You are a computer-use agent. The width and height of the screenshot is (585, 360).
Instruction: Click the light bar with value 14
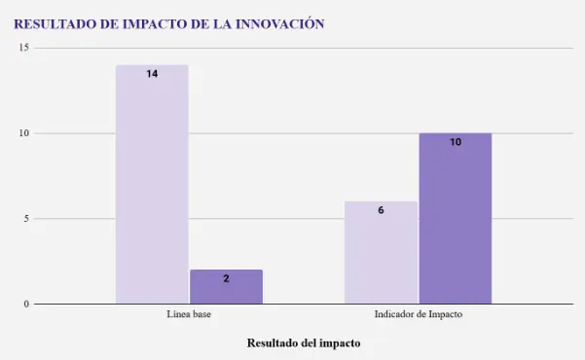[x=152, y=184]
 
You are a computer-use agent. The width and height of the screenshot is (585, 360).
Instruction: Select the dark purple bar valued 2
[x=227, y=286]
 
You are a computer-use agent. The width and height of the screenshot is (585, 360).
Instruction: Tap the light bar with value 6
[x=381, y=253]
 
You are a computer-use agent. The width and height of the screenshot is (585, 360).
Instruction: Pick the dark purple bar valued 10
[x=456, y=218]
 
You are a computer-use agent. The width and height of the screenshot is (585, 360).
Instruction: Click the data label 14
[x=152, y=74]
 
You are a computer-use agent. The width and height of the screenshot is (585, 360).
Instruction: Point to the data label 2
[x=227, y=278]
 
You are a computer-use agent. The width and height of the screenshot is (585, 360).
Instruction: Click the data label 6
[x=381, y=210]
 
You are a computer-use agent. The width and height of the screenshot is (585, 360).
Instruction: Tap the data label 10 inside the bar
[x=456, y=142]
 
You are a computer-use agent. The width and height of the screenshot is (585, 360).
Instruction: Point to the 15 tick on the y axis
[x=24, y=48]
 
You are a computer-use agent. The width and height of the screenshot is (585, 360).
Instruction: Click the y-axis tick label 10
[x=24, y=133]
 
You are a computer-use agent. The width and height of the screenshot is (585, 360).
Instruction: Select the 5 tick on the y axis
[x=26, y=219]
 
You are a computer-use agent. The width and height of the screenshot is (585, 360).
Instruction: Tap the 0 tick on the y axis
[x=26, y=304]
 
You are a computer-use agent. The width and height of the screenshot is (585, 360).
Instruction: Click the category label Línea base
[x=189, y=314]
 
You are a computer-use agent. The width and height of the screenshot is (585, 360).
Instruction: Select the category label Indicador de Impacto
[x=419, y=314]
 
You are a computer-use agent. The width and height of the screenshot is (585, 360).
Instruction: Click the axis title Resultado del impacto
[x=304, y=342]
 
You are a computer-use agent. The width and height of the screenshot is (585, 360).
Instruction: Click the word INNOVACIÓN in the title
[x=280, y=24]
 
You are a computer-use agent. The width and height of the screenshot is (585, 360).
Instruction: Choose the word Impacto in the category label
[x=446, y=314]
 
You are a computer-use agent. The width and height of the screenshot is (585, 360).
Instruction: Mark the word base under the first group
[x=201, y=314]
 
